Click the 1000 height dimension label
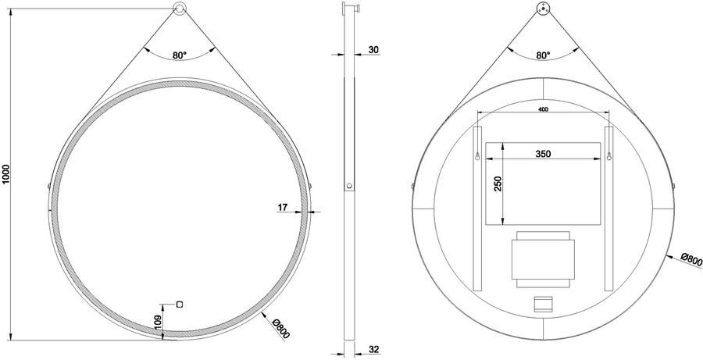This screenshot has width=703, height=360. pos(7,173)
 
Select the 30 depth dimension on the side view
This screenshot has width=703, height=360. pos(373,51)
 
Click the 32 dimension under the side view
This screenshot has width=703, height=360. pos(373,349)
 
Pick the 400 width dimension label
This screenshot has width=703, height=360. pos(542,110)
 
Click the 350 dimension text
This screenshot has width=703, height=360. pos(544,155)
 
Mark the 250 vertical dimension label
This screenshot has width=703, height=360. pos(498,184)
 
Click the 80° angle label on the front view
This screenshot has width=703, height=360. pos(180,55)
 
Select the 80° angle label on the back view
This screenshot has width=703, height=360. pos(543,55)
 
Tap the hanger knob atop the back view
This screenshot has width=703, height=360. pos(543,9)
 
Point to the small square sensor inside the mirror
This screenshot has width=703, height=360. pos(179,303)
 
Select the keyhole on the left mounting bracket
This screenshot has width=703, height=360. pos(476,157)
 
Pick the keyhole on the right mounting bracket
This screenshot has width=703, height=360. pos(608,157)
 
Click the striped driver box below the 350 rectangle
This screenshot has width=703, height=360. pos(543,258)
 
